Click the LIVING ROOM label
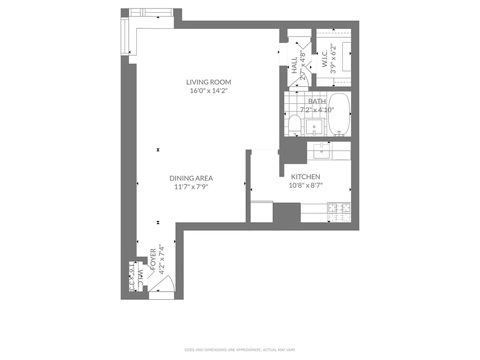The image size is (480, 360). pos(209,82)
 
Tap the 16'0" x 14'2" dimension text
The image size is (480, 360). pos(209,90)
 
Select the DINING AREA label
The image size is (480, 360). pos(191,178)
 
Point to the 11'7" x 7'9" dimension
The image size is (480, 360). pos(191,186)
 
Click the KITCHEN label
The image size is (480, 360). pos(305,177)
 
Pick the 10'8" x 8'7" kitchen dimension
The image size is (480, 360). pos(305,185)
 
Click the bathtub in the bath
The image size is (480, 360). pos(339,114)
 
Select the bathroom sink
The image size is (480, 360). pos(314,127)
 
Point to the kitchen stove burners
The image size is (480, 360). pos(339,212)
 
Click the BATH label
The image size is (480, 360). pos(317,101)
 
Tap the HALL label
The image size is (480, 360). pos(294,66)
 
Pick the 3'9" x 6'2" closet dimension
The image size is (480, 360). pos(333,58)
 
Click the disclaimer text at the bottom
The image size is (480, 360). pos(240,350)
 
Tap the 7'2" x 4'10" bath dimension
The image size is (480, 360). pos(317,109)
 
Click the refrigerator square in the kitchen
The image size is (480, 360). pos(261,212)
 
